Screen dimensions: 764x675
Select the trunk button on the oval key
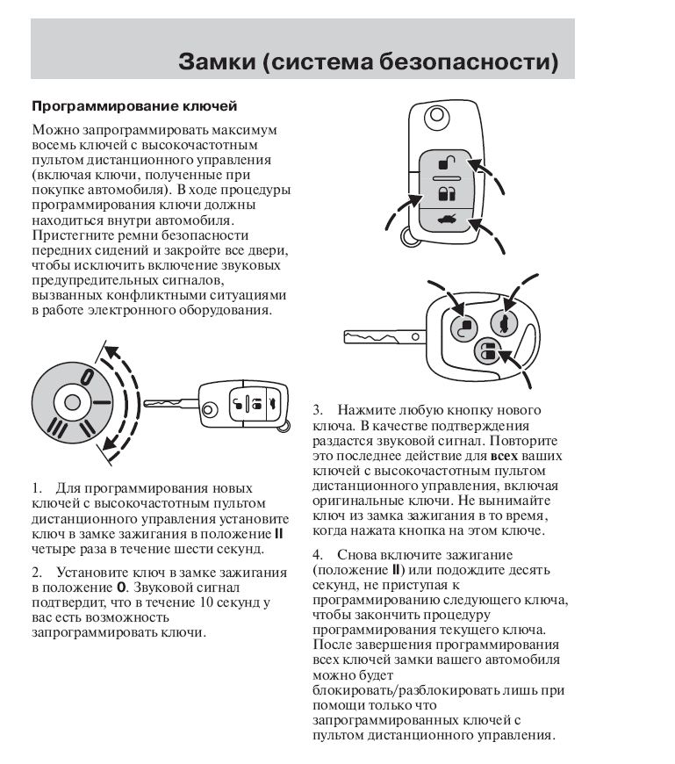pyautogui.click(x=503, y=322)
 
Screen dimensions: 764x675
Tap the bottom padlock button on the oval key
pyautogui.click(x=486, y=353)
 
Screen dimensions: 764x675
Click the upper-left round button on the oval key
pyautogui.click(x=463, y=326)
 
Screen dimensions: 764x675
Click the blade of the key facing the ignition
pyautogui.click(x=170, y=403)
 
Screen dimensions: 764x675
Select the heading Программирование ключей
pyautogui.click(x=134, y=107)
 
